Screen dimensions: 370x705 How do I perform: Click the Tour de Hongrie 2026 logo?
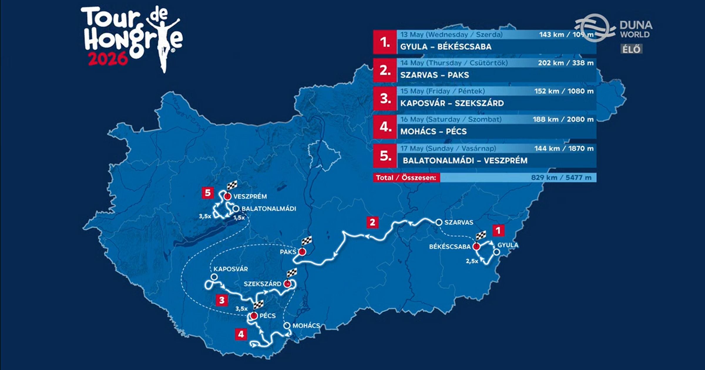pos(131,38)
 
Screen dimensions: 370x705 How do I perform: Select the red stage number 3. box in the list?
pos(385,99)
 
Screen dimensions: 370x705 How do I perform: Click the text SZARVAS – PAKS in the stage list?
pos(434,75)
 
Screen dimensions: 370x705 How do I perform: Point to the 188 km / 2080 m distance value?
pos(563,120)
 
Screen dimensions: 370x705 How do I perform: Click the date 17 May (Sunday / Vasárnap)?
pos(448,148)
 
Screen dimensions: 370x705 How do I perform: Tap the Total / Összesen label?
pos(406,178)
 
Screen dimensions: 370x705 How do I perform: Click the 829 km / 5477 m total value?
pos(561,178)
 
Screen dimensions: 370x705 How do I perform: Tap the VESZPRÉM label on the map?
pos(250,196)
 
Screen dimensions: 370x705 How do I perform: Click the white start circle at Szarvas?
pos(439,222)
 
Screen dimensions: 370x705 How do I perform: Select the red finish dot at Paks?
pos(302,252)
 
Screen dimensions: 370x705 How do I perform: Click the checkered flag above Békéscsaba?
pos(481,236)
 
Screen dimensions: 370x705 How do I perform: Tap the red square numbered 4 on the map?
pos(241,334)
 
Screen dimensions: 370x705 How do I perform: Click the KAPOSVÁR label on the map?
pos(231,269)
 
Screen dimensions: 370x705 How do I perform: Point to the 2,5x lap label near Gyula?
pos(472,261)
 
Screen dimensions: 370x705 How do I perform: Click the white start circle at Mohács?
pos(287,326)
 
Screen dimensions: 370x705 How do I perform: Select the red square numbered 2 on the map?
pos(372,222)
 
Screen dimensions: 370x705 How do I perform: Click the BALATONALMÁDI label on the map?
pos(268,209)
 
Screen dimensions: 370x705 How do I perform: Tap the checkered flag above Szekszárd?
pos(291,273)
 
